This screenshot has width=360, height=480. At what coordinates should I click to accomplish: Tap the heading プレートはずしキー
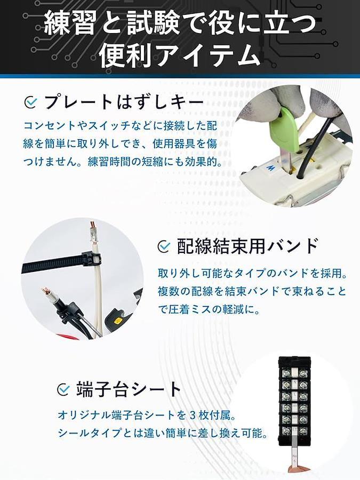[x=124, y=102]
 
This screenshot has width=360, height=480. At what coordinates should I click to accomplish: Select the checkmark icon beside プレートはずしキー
[x=30, y=102]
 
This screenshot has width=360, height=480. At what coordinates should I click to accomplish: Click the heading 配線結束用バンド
[x=247, y=245]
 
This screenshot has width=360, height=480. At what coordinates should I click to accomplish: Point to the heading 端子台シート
[x=128, y=389]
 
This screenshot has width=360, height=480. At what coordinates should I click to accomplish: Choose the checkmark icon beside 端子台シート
[x=63, y=390]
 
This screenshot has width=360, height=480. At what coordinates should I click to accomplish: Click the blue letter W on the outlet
[x=270, y=168]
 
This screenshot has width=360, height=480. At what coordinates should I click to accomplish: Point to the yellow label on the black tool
[x=117, y=322]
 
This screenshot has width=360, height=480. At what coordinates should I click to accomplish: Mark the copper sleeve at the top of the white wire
[x=93, y=229]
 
